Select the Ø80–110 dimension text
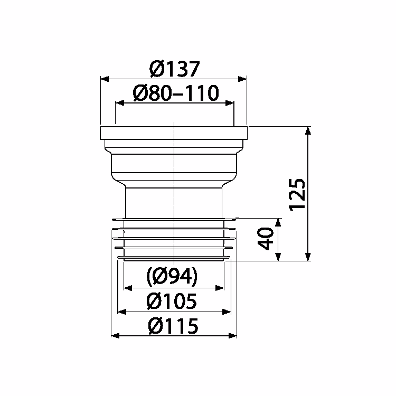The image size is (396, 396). pyautogui.click(x=175, y=93)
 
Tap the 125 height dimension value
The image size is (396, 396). pyautogui.click(x=298, y=193)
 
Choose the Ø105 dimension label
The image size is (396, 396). pyautogui.click(x=173, y=301)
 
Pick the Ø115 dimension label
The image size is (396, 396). pyautogui.click(x=173, y=326)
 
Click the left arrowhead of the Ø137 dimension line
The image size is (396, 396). pyautogui.click(x=104, y=79)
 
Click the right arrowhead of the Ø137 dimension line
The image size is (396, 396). pyautogui.click(x=243, y=79)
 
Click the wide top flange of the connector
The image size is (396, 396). pyautogui.click(x=173, y=133)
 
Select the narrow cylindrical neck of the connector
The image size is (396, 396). pyautogui.click(x=173, y=201)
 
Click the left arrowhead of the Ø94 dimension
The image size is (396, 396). pyautogui.click(x=127, y=288)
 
